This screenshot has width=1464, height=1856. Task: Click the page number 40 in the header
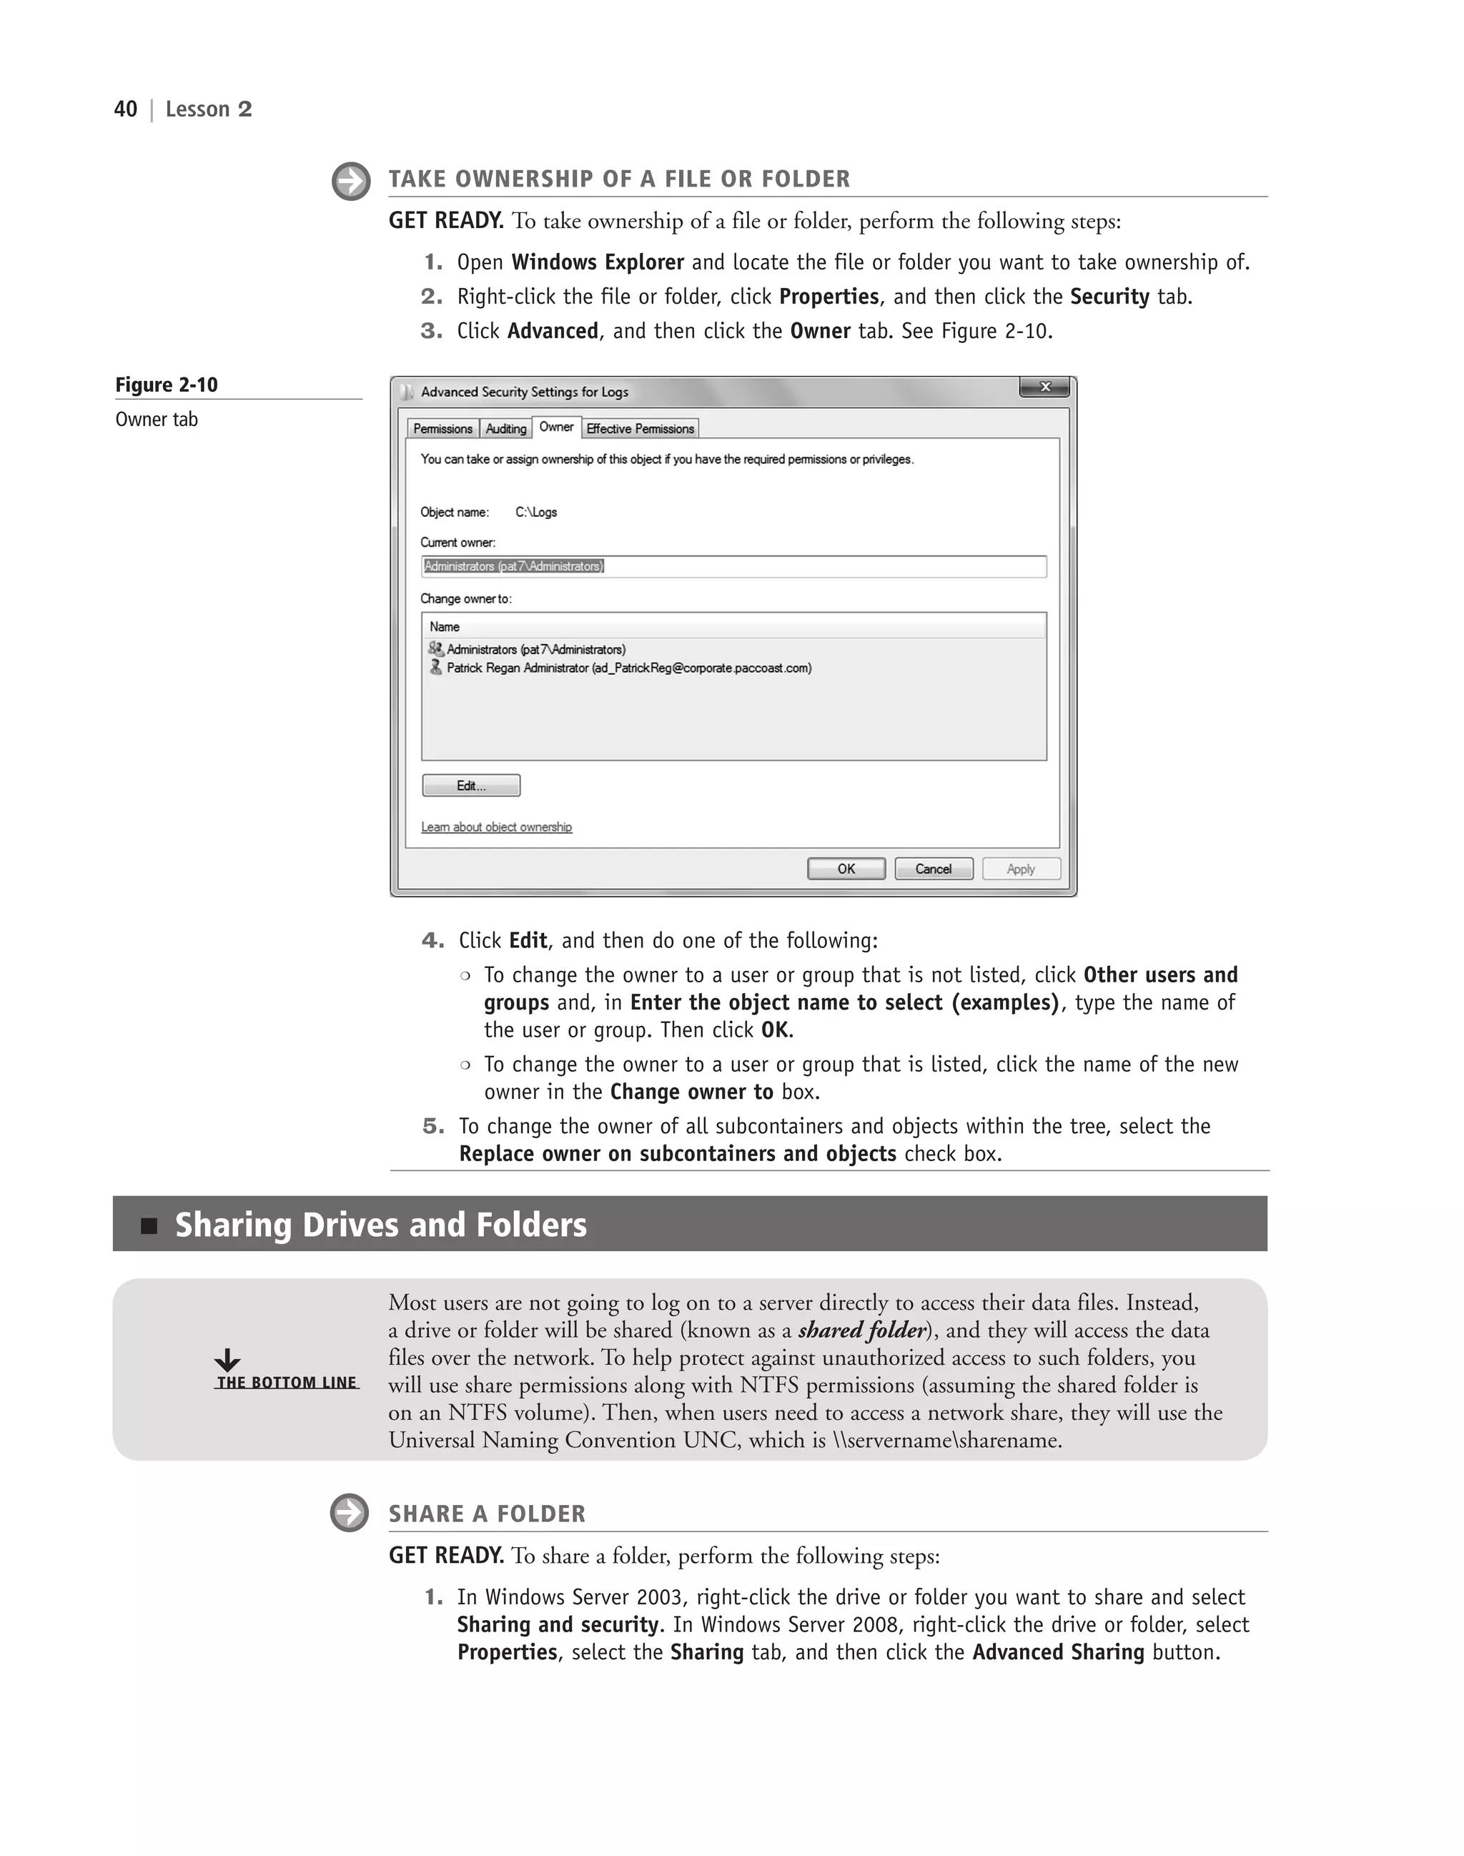tap(125, 109)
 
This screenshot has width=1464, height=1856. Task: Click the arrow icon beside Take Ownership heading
tap(350, 182)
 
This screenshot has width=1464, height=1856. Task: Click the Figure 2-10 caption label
tap(167, 385)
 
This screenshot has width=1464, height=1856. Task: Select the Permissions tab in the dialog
tap(442, 429)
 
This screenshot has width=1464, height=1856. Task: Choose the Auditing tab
tap(505, 429)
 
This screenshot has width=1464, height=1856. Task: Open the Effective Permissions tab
tap(640, 429)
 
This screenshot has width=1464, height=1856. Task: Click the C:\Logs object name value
tap(535, 513)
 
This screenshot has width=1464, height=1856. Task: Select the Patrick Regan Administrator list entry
tap(628, 668)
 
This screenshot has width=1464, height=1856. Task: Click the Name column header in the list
tap(445, 627)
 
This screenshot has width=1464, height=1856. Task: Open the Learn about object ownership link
tap(496, 827)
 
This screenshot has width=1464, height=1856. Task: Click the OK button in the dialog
tap(846, 869)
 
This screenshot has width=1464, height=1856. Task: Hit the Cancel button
tap(934, 869)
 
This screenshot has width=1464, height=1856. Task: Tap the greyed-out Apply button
tap(1021, 869)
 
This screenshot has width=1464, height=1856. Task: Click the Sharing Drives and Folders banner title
tap(380, 1224)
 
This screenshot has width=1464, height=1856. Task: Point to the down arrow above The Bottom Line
tap(227, 1360)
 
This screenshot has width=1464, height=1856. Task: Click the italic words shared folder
tap(861, 1331)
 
